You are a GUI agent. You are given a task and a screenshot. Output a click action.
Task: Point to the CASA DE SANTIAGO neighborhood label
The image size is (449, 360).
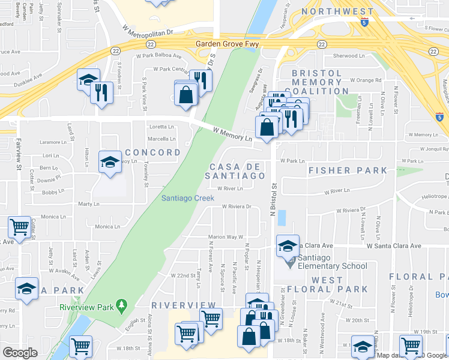click(235, 171)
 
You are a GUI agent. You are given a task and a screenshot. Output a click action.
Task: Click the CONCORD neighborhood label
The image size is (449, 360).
click(152, 152)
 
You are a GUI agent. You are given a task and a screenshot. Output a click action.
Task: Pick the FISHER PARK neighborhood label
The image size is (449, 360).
click(348, 170)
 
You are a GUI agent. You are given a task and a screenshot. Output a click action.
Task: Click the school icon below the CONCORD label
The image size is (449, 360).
click(110, 163)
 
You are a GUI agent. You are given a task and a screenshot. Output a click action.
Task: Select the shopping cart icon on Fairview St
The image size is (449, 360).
click(19, 227)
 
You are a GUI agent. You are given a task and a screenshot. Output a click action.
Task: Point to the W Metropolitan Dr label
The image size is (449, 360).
click(147, 29)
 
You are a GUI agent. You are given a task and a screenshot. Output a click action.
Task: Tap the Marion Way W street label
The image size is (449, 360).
click(225, 237)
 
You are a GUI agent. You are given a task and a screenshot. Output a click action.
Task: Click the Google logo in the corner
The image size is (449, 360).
click(20, 353)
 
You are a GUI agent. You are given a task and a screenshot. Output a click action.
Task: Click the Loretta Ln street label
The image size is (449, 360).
click(161, 127)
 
